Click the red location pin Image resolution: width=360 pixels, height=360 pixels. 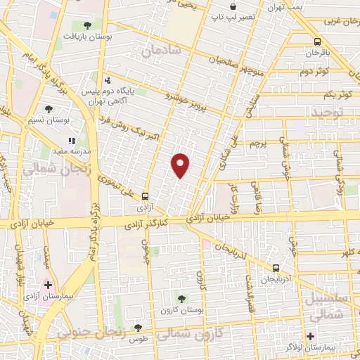click(181, 165)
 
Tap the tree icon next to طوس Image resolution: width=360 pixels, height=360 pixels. click(138, 327)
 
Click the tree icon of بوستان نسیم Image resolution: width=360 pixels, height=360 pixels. click(48, 109)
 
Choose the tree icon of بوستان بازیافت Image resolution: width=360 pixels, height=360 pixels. click(86, 25)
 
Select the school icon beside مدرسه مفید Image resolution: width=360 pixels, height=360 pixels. click(71, 141)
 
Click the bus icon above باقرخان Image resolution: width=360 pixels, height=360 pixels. click(318, 41)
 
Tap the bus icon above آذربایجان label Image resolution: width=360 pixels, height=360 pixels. click(276, 268)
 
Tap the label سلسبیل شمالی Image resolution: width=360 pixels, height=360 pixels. click(328, 308)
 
